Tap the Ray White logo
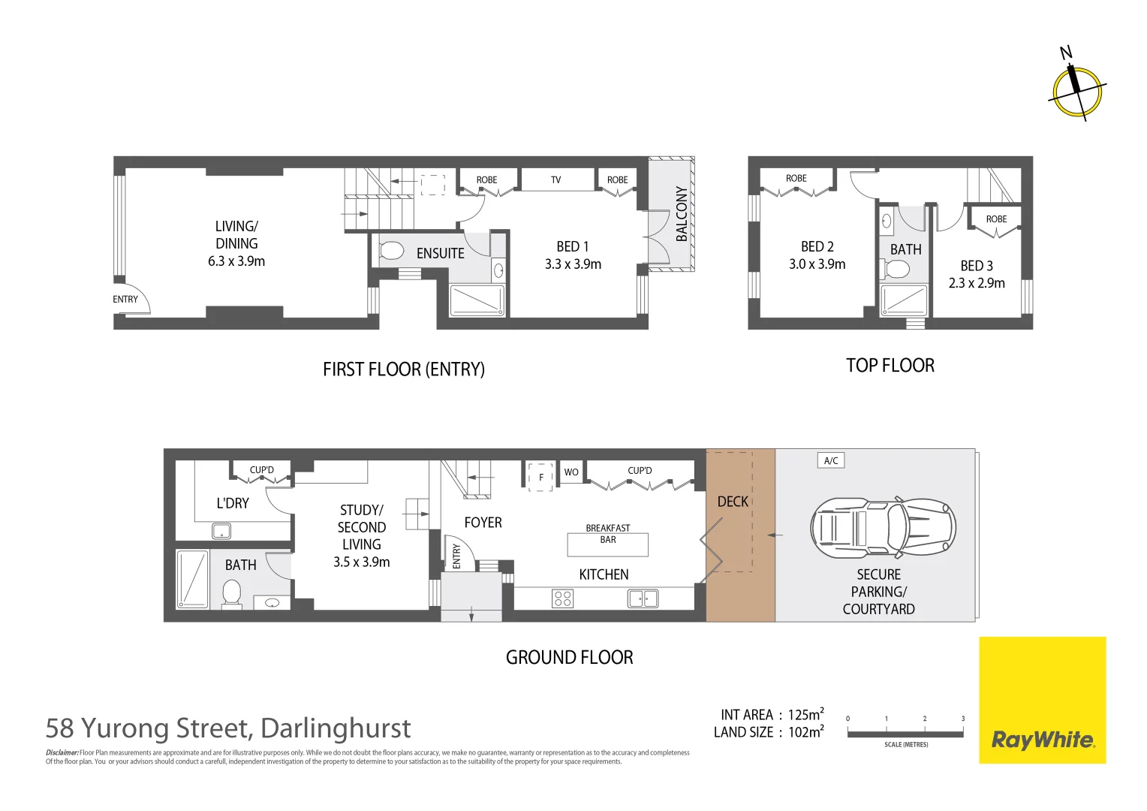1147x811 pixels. [1042, 740]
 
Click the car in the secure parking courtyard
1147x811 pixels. [883, 529]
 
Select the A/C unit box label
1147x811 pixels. [831, 460]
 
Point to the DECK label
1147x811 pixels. [733, 502]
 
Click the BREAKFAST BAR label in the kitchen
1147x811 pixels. [608, 534]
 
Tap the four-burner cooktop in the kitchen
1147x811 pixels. [563, 598]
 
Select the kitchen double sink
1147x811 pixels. [643, 598]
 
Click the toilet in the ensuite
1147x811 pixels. [392, 250]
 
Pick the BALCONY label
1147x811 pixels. [682, 214]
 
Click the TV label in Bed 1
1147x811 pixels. [555, 180]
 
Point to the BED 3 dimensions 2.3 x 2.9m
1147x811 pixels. [977, 283]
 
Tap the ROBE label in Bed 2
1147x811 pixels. [796, 179]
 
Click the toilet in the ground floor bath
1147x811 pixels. [232, 594]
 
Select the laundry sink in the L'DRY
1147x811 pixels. [221, 532]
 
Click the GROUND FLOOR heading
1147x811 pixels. [569, 658]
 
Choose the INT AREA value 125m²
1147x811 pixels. [806, 715]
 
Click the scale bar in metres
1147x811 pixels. [905, 733]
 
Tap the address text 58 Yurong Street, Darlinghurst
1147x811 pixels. [228, 728]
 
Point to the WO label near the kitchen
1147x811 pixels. [571, 472]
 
